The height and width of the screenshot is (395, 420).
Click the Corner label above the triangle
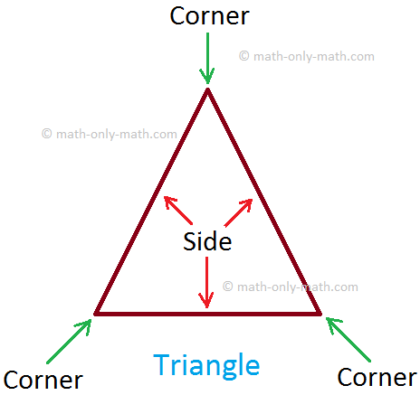[209, 16]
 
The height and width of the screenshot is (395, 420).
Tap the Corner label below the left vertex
[43, 380]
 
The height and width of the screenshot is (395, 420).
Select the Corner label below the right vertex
[377, 377]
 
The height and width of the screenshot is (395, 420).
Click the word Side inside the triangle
[207, 241]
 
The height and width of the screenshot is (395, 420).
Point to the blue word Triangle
[206, 366]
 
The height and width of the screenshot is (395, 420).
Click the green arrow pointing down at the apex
[207, 58]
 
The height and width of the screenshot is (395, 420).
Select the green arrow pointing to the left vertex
[69, 342]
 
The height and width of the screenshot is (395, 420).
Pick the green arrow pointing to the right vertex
[348, 339]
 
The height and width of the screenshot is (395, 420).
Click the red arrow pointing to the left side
[178, 211]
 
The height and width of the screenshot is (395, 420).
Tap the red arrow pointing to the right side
[238, 212]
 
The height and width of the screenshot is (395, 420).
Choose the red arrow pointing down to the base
[206, 282]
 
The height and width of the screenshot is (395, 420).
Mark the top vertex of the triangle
[207, 89]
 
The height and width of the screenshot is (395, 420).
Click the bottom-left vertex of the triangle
[95, 314]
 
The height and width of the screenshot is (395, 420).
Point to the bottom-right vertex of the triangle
[320, 314]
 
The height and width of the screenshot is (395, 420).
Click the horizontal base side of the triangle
[207, 314]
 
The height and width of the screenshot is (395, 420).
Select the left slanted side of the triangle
[151, 202]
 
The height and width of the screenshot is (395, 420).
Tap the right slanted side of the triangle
[264, 202]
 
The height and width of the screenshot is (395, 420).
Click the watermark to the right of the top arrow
[307, 56]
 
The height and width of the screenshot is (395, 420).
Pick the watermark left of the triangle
[110, 134]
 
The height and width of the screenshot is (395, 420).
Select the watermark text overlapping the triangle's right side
[291, 287]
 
